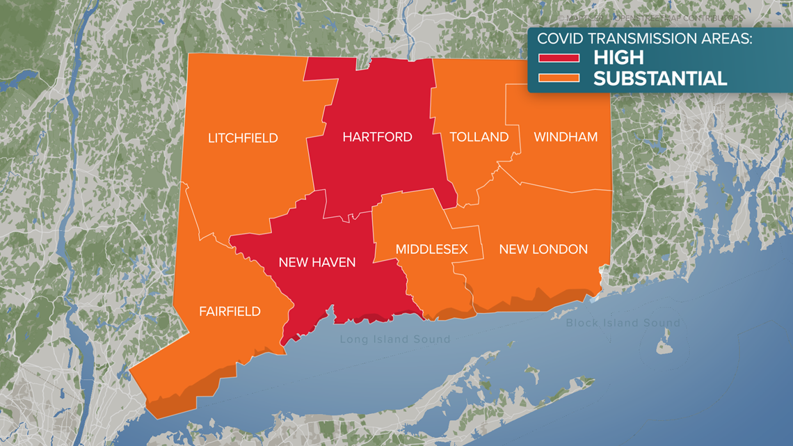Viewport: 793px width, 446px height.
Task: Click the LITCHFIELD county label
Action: pos(243,138)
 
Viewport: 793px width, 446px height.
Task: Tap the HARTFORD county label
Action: pos(377,137)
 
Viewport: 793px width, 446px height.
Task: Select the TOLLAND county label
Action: pos(479,137)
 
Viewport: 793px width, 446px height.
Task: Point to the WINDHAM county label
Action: pos(565,137)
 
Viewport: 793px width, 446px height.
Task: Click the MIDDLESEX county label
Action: pos(431,249)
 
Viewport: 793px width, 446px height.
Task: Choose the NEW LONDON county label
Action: pos(543,249)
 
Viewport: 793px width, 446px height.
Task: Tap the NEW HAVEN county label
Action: pos(317,262)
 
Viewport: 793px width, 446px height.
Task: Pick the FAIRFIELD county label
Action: pos(230,311)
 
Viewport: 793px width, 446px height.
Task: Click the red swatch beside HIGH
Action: pos(558,58)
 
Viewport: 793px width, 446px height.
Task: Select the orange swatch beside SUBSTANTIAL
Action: pos(558,78)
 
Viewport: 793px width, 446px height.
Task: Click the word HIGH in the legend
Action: pos(618,57)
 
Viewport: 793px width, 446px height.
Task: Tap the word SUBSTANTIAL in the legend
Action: pos(659,78)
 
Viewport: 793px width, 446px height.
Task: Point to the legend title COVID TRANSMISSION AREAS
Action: pos(645,38)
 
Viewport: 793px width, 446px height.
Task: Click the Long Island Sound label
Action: pos(394,340)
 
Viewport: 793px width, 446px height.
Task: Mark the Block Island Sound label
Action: pos(623,323)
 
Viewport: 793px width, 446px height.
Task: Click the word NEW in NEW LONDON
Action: pos(514,249)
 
